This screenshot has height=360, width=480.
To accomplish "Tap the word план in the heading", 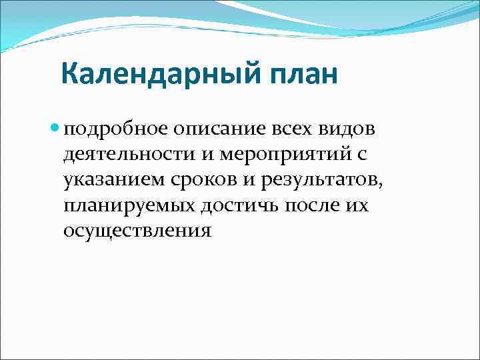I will tap(304, 74).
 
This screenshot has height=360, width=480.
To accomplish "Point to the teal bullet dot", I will tap(55, 126).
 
